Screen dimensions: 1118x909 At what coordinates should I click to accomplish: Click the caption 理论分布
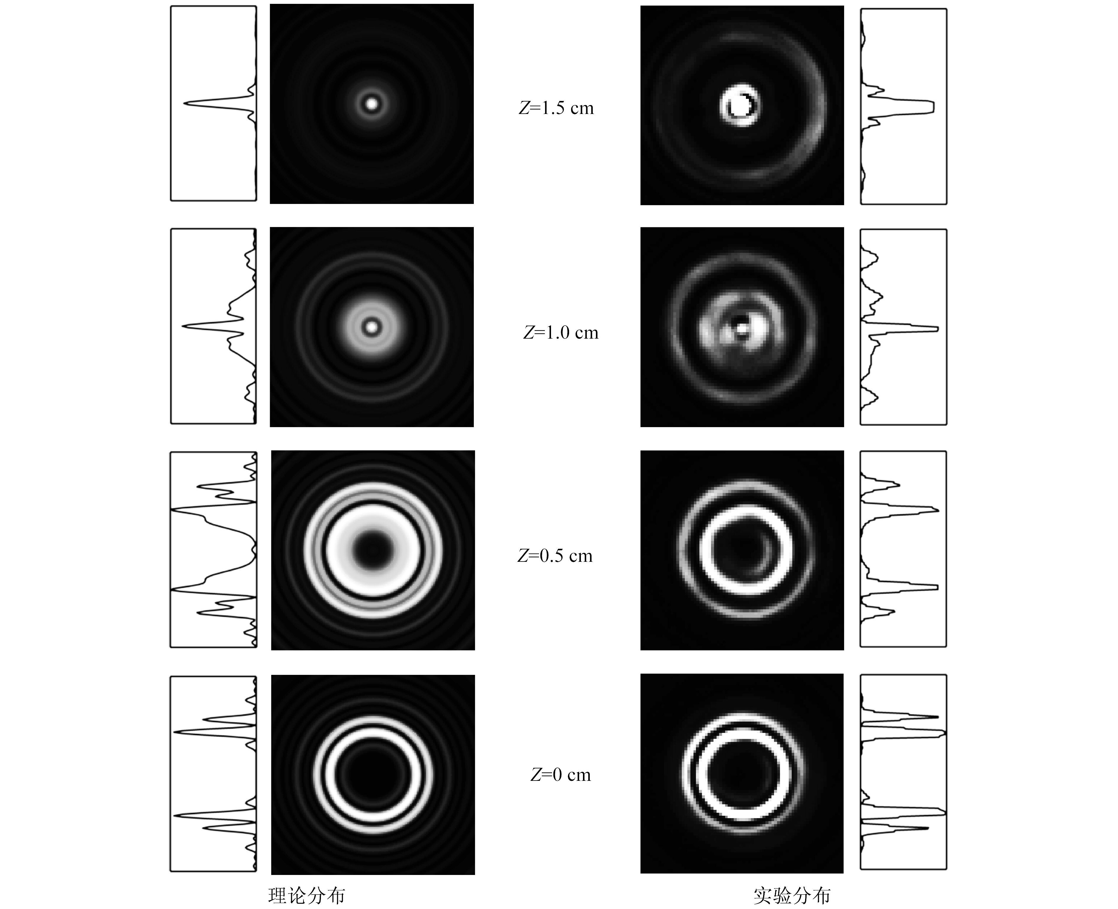point(307,895)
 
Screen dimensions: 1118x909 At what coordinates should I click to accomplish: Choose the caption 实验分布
point(792,895)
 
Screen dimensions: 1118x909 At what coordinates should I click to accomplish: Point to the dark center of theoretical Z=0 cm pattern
point(372,774)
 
